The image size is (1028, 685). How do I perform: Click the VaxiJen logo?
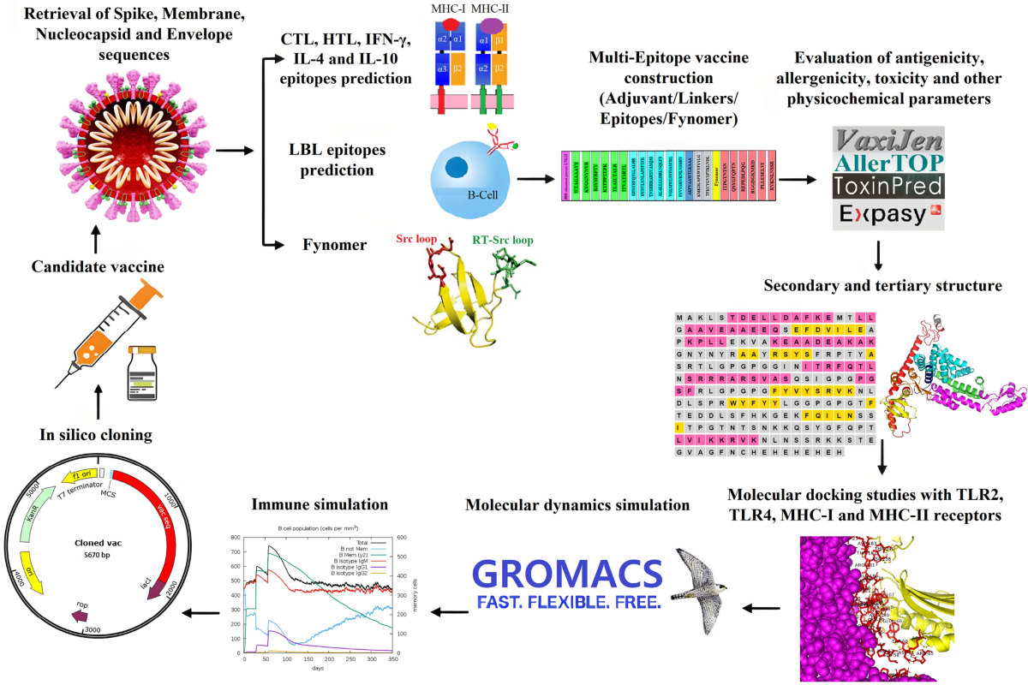pos(888,140)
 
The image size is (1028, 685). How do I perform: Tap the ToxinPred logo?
pos(888,186)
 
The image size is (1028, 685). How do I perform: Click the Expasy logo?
pos(888,214)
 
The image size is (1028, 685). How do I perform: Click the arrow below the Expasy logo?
pos(880,254)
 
